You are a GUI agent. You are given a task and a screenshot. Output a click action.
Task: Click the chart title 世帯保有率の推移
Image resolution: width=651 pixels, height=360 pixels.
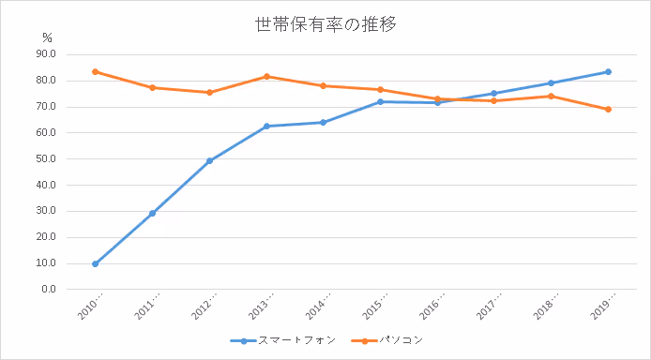pos(325,25)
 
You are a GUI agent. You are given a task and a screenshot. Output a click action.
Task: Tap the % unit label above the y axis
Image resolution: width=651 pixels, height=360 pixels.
pos(49,37)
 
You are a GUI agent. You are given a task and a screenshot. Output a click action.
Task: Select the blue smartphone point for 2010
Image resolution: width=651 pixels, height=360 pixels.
pos(96,263)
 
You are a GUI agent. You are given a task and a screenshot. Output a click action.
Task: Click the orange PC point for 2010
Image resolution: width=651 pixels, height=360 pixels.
pos(96,71)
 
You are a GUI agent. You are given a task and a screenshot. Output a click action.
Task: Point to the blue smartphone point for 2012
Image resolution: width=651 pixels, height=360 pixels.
pos(209,160)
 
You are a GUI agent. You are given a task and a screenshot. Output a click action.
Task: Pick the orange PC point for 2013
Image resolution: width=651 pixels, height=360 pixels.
pos(266,76)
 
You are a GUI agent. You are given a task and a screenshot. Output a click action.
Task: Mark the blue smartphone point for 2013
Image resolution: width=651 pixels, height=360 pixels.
pos(266,126)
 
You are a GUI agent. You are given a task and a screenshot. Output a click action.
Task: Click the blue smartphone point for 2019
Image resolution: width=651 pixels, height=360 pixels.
pos(608,71)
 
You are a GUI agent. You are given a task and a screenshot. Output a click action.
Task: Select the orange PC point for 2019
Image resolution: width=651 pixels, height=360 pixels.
pos(608,109)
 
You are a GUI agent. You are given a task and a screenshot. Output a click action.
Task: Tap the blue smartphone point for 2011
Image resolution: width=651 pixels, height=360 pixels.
pos(152,213)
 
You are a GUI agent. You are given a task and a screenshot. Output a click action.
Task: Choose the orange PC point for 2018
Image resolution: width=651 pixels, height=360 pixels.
pos(551,96)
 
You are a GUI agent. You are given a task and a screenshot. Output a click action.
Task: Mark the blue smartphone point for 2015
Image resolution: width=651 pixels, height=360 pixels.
pos(380,101)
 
